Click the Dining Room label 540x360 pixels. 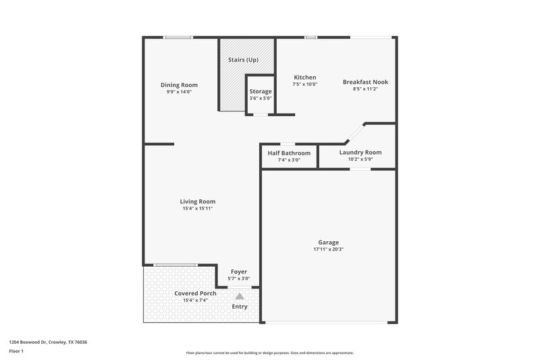tap(179, 84)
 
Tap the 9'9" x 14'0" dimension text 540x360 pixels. tap(179, 91)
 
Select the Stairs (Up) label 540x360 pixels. tap(243, 60)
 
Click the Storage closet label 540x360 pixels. tap(261, 91)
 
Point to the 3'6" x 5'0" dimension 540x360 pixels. tap(261, 98)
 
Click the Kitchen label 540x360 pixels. tap(304, 78)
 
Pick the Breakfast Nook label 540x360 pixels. tap(365, 82)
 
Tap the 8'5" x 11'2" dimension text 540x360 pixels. tap(365, 88)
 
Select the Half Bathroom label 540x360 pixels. tap(289, 153)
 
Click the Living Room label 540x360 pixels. tap(197, 201)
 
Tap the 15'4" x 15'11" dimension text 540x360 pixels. tap(197, 208)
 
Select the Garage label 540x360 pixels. tap(329, 242)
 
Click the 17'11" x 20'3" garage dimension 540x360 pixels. tap(329, 249)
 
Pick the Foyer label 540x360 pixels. tap(239, 272)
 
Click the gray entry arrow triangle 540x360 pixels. tap(239, 295)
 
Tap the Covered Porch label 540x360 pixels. tap(195, 293)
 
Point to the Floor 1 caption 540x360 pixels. tap(16, 351)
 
